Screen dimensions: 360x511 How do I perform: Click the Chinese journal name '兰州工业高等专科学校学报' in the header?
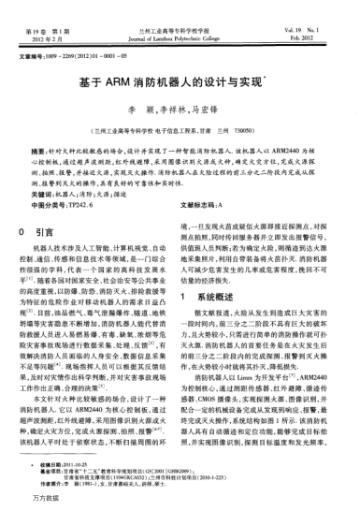pos(180,7)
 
